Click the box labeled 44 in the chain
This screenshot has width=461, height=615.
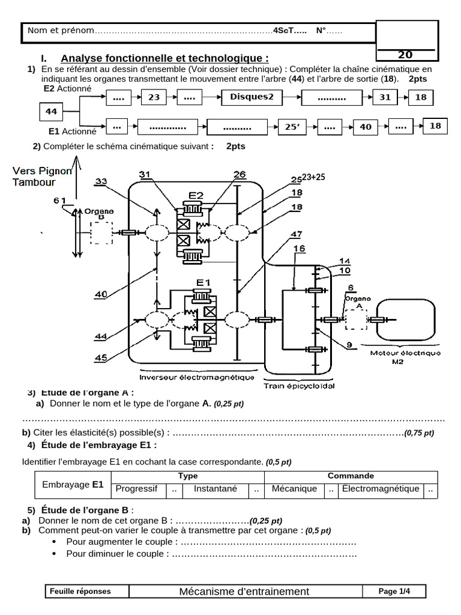click(51, 112)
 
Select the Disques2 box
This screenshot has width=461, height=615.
click(252, 97)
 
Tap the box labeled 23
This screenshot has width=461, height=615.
click(154, 97)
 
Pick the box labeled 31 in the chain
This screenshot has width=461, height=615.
click(385, 97)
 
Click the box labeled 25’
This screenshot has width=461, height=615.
click(292, 127)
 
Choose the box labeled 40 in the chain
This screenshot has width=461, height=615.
click(366, 127)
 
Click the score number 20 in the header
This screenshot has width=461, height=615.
click(405, 55)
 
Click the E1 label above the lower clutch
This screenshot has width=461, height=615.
click(203, 282)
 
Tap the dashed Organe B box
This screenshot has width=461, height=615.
click(101, 233)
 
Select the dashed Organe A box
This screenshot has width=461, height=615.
click(356, 320)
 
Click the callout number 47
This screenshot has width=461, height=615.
click(296, 235)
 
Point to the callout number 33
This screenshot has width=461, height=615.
click(101, 181)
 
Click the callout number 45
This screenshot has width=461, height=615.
click(101, 357)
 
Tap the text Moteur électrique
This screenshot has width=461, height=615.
click(405, 353)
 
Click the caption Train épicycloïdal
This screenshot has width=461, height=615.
click(299, 386)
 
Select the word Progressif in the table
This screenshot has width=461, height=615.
click(136, 489)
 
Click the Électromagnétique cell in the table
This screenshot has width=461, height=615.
click(380, 489)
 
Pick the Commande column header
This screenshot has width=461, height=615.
click(351, 476)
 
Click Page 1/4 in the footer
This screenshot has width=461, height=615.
click(394, 591)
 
